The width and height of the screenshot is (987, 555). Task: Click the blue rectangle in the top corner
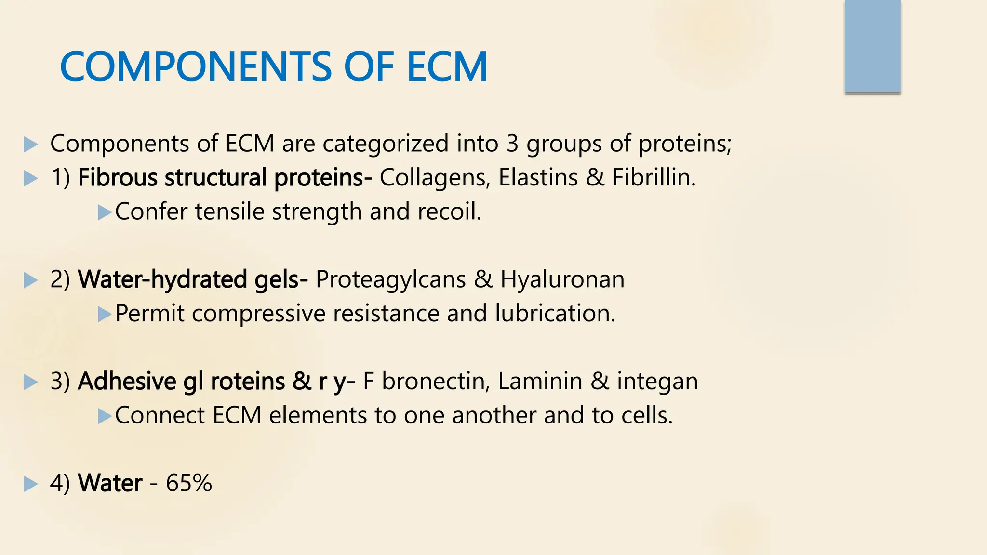[x=872, y=46]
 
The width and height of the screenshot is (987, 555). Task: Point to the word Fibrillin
[x=653, y=177]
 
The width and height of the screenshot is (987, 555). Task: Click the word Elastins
[x=538, y=177]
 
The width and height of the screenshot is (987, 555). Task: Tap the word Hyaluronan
[x=562, y=279]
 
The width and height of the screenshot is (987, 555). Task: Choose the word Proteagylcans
[x=390, y=279]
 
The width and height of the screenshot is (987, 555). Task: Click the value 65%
[x=189, y=483]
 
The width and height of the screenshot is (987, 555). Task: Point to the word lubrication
[x=554, y=314]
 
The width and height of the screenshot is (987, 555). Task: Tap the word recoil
[x=449, y=212]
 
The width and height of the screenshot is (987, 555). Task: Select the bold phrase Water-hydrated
[x=162, y=279]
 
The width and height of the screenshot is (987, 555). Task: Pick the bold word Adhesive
[x=127, y=381]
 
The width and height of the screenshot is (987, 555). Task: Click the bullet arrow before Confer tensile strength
[x=104, y=212]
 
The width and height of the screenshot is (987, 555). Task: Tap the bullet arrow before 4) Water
[x=30, y=484]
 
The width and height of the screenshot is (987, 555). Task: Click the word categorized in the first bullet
[x=386, y=144]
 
